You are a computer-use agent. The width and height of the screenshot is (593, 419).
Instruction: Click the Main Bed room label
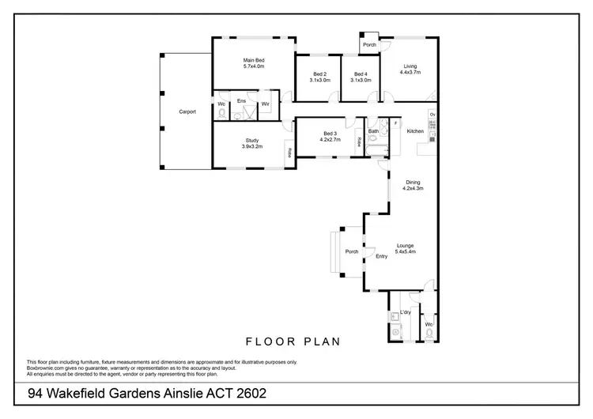click(x=253, y=60)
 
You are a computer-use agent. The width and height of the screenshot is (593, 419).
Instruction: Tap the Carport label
click(x=187, y=111)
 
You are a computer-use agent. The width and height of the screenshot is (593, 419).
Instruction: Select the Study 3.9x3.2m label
click(x=251, y=143)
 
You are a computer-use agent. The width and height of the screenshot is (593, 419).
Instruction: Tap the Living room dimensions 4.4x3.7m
click(x=410, y=72)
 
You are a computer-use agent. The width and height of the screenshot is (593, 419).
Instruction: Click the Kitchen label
click(x=415, y=131)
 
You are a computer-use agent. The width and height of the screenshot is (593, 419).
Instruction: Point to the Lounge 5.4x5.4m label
click(x=405, y=249)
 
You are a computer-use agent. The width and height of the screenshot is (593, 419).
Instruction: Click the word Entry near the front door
click(x=382, y=255)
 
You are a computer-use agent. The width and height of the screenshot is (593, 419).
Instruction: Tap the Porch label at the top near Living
click(x=369, y=45)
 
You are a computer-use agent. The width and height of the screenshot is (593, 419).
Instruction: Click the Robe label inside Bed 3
click(x=358, y=142)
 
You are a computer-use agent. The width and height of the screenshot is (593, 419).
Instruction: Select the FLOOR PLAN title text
click(x=293, y=342)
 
